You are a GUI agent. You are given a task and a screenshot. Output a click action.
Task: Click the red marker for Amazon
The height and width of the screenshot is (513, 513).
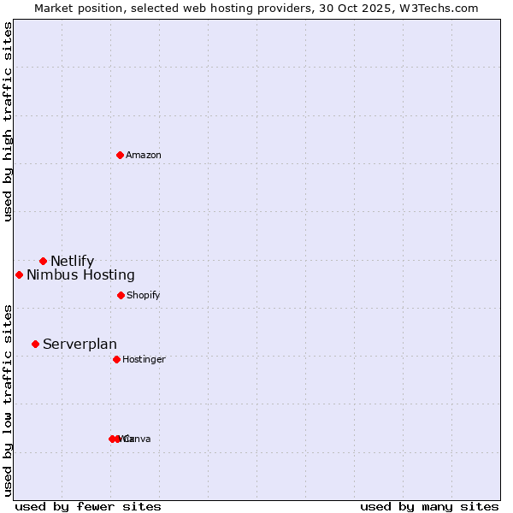pyautogui.click(x=120, y=155)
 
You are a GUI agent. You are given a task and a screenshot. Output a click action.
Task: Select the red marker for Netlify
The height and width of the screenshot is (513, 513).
pyautogui.click(x=43, y=261)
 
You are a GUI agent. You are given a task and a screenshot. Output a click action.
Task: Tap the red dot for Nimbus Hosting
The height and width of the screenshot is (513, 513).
pyautogui.click(x=19, y=274)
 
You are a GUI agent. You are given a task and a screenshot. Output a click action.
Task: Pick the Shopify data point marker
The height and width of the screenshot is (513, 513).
pyautogui.click(x=121, y=295)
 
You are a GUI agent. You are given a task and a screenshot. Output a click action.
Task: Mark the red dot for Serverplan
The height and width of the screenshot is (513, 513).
pyautogui.click(x=35, y=344)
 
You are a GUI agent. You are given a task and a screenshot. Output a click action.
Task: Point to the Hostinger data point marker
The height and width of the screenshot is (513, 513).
pyautogui.click(x=116, y=359)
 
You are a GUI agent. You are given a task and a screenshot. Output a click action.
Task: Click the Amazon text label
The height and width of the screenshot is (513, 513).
pyautogui.click(x=144, y=155)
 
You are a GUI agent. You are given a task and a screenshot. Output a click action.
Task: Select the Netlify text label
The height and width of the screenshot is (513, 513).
pyautogui.click(x=72, y=261)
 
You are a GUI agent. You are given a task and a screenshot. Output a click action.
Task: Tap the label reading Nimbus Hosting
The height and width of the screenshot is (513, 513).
pyautogui.click(x=80, y=274)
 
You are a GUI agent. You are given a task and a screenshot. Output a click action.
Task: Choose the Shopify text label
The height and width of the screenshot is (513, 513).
pyautogui.click(x=143, y=295)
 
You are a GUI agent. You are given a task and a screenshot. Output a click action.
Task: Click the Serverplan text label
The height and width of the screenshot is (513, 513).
pyautogui.click(x=80, y=344)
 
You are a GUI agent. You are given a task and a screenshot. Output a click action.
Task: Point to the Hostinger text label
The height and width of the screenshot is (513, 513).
pyautogui.click(x=144, y=359)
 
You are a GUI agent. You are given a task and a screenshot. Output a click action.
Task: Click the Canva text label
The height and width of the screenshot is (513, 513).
pyautogui.click(x=139, y=439)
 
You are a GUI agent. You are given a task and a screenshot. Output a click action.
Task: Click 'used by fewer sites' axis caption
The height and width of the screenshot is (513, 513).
pyautogui.click(x=88, y=506)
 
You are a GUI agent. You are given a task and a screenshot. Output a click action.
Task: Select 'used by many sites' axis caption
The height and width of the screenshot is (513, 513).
pyautogui.click(x=429, y=506)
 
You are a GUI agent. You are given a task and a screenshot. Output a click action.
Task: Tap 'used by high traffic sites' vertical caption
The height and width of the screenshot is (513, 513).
pyautogui.click(x=9, y=121)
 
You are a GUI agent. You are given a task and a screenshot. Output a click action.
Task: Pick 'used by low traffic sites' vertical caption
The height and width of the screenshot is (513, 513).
pyautogui.click(x=9, y=399)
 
